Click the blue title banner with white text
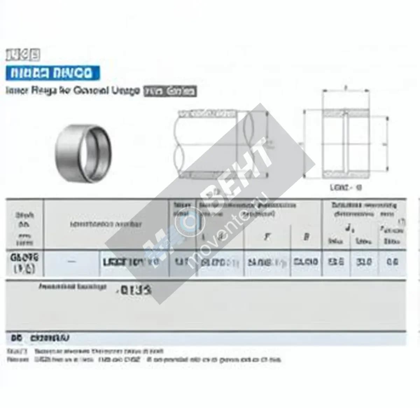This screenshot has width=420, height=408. tap(52, 73)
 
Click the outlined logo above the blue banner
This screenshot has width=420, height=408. tap(23, 55)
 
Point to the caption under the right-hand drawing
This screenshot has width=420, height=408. tap(346, 187)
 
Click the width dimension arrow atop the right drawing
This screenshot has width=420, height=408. tap(346, 91)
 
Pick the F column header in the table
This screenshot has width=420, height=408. tap(267, 237)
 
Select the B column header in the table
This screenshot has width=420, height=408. tap(306, 237)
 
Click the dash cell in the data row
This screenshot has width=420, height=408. tap(72, 262)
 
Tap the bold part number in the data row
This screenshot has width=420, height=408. tap(131, 262)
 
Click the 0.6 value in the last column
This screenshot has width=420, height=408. tap(392, 262)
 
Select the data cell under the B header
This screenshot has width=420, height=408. tap(306, 262)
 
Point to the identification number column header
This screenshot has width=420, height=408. tap(106, 224)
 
